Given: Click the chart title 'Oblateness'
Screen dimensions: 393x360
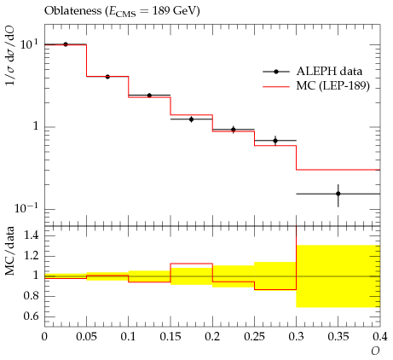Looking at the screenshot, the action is [72, 11].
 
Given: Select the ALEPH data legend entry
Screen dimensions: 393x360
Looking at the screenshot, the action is [313, 72].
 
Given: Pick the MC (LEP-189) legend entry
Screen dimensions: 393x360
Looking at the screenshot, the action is [316, 85].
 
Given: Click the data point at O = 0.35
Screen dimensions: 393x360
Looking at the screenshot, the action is [338, 194].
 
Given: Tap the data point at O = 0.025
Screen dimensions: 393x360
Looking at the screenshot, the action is [66, 44].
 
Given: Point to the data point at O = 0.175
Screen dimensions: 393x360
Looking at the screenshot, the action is [192, 119].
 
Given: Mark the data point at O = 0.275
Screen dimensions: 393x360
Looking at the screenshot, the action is [275, 141].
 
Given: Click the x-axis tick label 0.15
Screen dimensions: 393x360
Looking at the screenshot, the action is [170, 337].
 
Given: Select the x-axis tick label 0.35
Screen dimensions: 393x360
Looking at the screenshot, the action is [338, 337].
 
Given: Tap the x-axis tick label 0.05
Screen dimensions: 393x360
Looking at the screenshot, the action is [86, 337].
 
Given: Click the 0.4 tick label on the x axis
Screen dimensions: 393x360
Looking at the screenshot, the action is [380, 337].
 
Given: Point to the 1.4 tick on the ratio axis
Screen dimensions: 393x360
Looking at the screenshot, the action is [32, 235].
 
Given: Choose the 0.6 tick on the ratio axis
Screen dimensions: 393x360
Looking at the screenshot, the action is [32, 316].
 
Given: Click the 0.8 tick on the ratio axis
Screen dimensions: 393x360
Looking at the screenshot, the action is [32, 296].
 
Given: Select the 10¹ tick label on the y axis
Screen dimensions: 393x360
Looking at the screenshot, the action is [28, 44].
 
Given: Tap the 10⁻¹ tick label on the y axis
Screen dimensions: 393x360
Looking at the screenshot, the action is [26, 208].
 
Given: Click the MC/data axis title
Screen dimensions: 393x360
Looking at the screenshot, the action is [10, 251].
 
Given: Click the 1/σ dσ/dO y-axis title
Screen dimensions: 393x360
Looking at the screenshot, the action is [10, 55].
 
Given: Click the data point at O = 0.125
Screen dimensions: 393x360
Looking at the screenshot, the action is [149, 96].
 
